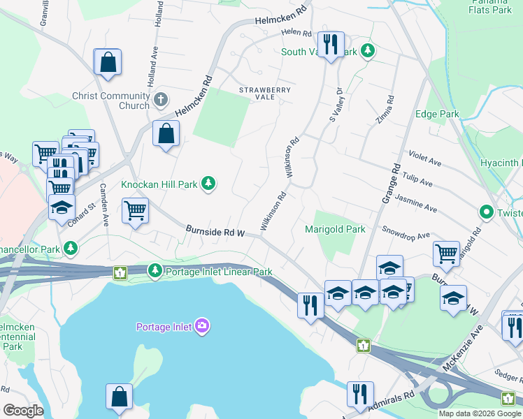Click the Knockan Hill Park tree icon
(208, 184)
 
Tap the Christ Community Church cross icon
(161, 98)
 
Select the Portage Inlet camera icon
(202, 325)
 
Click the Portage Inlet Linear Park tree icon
(155, 270)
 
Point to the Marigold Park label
(336, 229)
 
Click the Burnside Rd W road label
(215, 230)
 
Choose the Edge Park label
(437, 114)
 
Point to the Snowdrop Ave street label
(406, 233)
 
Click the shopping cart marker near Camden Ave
(134, 209)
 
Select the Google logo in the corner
(23, 411)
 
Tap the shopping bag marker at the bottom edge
(119, 396)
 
